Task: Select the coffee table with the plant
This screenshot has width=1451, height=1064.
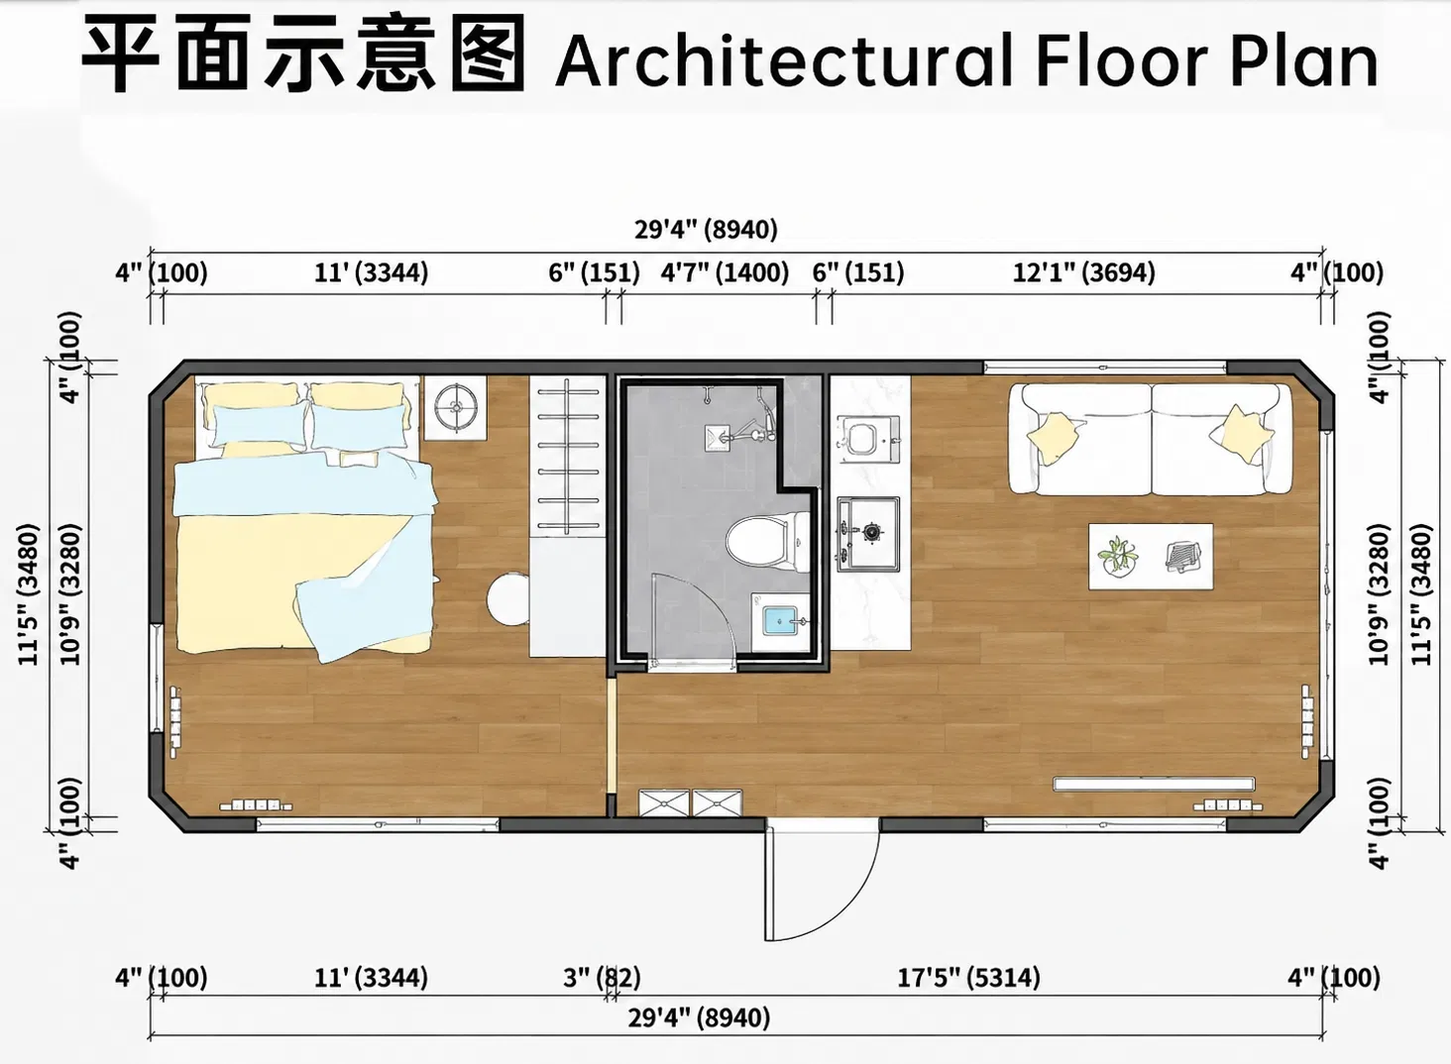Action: point(1151,557)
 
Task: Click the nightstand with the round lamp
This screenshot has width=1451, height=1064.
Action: point(455,408)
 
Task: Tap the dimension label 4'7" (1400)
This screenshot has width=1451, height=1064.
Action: point(725,272)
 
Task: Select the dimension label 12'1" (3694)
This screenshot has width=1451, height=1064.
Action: point(1083,272)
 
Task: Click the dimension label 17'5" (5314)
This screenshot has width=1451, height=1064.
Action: point(968,978)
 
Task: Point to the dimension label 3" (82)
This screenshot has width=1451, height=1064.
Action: point(602,978)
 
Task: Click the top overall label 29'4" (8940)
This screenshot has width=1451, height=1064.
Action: point(706,229)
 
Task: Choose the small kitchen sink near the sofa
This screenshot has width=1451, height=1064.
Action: point(866,439)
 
